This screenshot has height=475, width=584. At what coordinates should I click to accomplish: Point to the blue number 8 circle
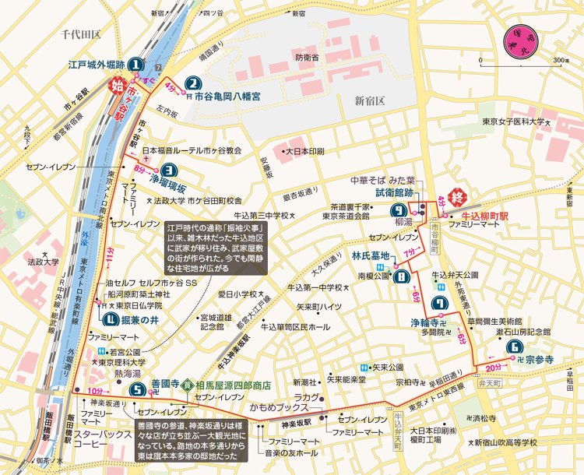[x=403, y=277]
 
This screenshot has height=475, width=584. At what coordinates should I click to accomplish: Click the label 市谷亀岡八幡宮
[x=227, y=97]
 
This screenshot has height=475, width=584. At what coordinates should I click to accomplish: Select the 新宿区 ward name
[x=371, y=100]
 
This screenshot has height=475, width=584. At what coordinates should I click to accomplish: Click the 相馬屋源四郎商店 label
[x=234, y=384]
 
